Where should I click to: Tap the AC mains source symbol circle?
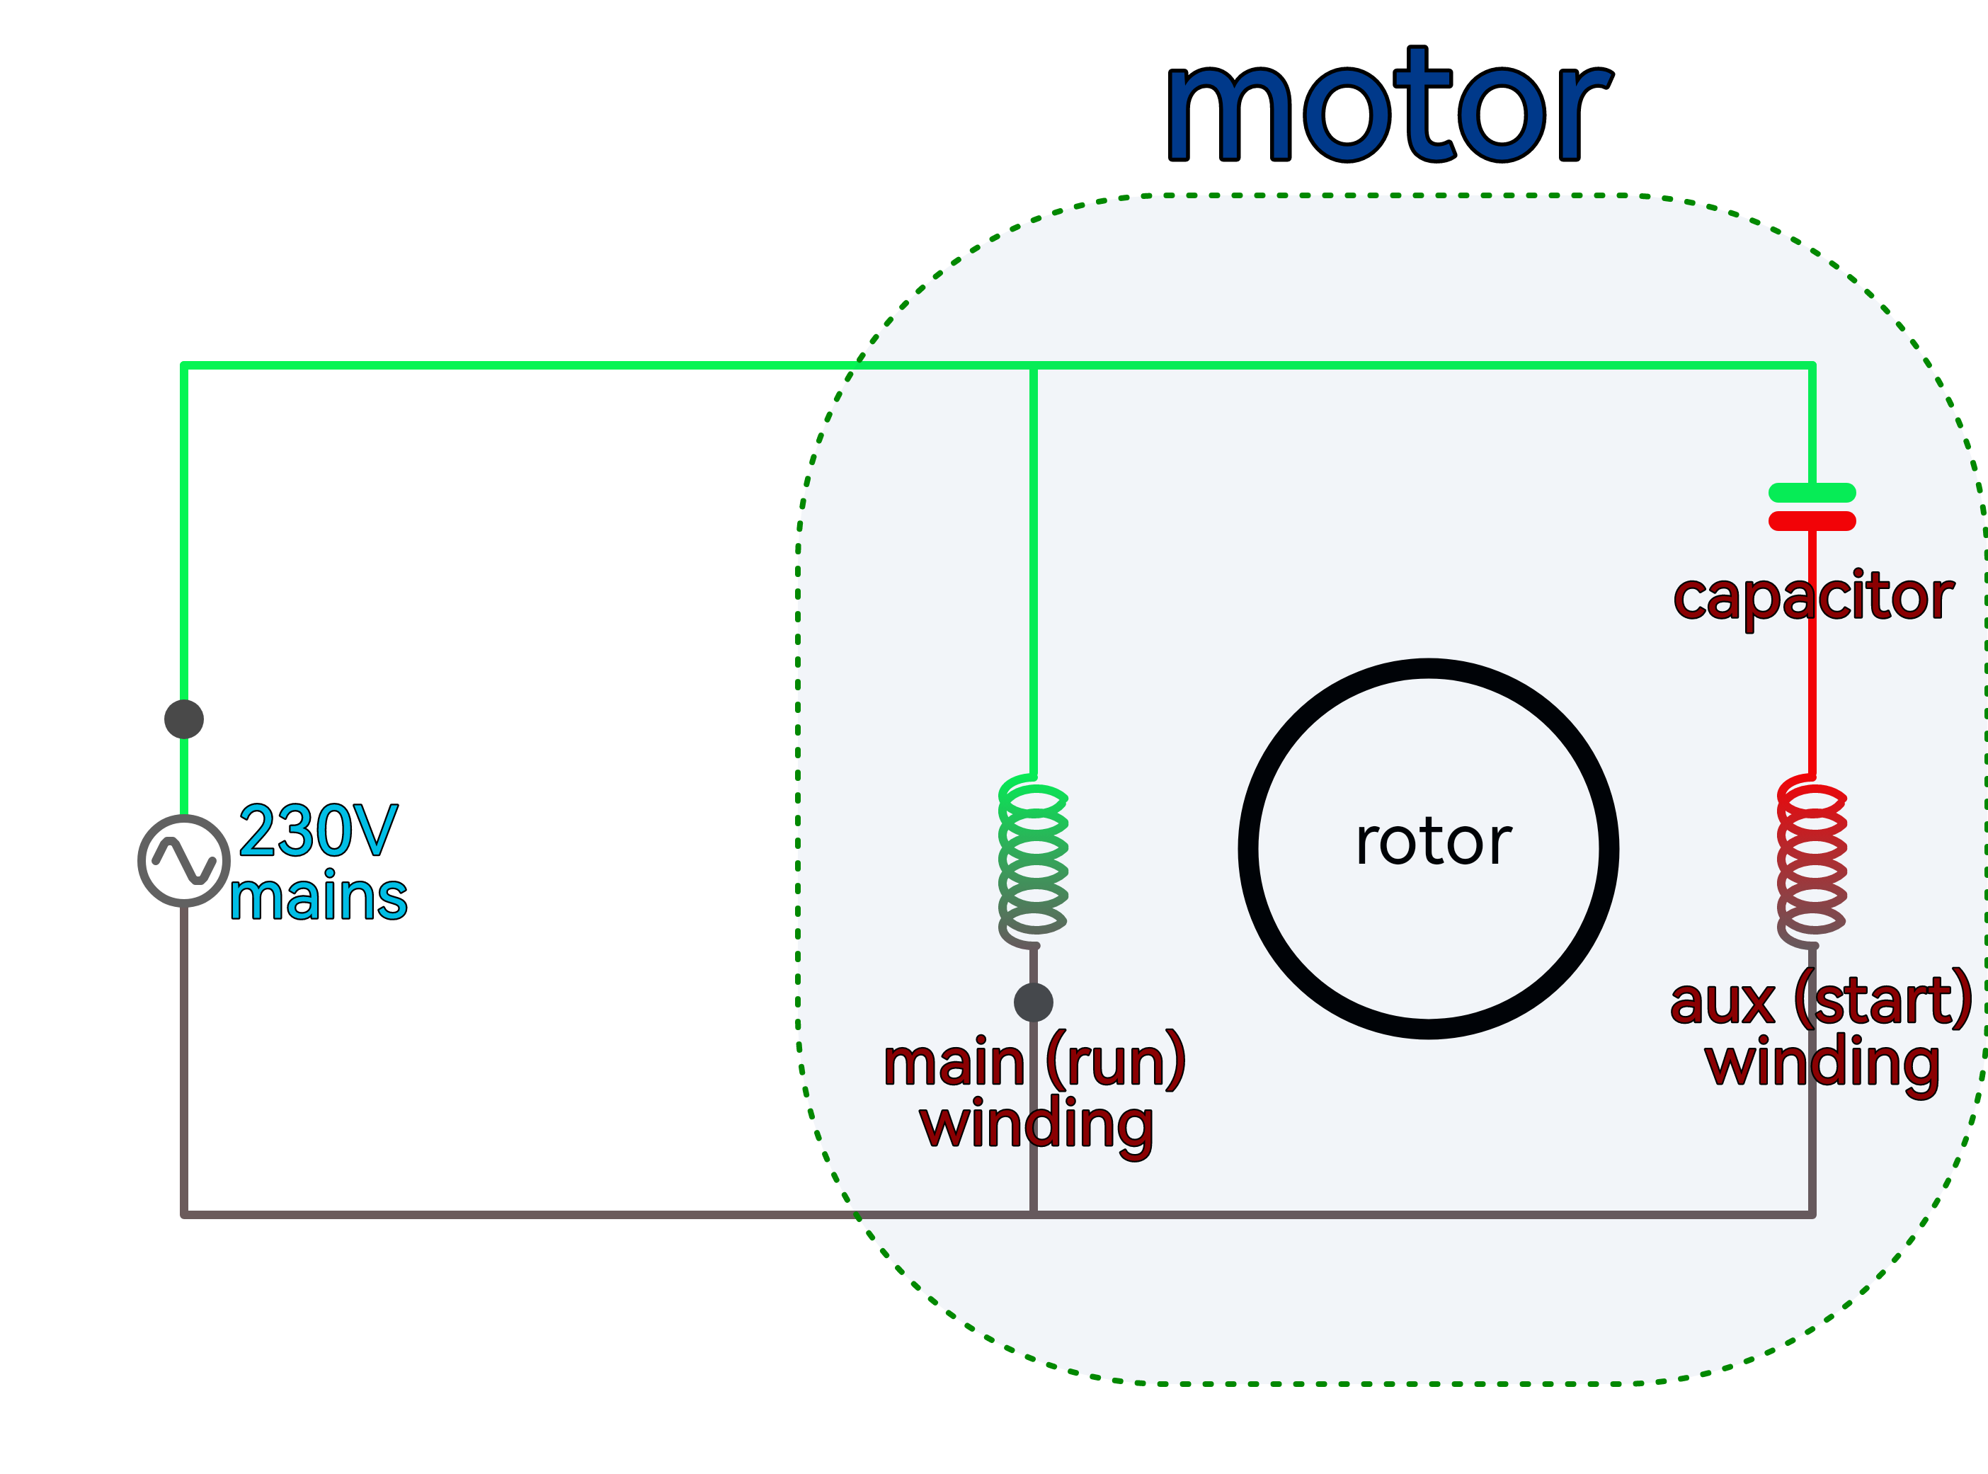click(x=184, y=861)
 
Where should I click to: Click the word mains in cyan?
click(x=319, y=898)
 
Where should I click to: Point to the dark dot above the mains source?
click(x=184, y=719)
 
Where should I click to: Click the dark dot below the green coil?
click(x=1033, y=1002)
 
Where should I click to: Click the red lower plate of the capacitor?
click(x=1812, y=521)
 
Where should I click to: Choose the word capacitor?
click(x=1813, y=597)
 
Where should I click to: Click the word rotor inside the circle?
click(x=1433, y=842)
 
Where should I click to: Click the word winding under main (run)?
click(x=1036, y=1126)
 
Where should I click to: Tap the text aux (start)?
click(x=1821, y=1001)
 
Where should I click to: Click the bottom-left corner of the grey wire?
click(x=184, y=1214)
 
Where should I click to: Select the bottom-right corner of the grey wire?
click(x=1812, y=1214)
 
